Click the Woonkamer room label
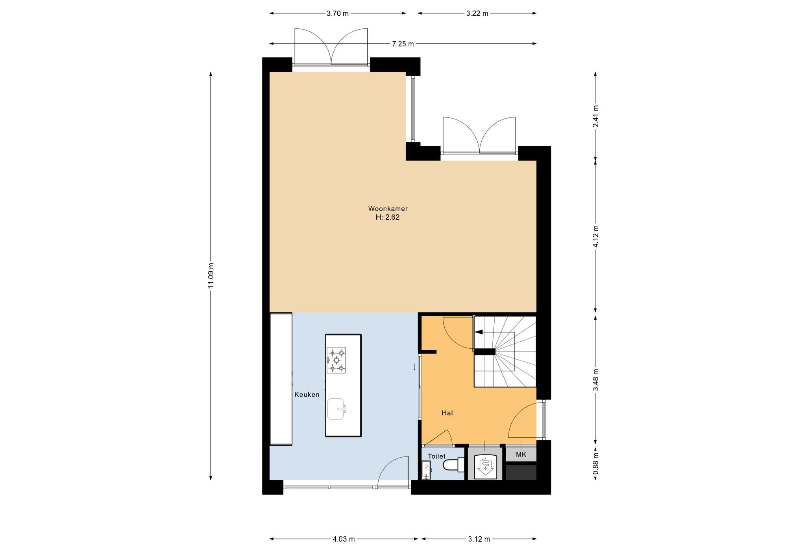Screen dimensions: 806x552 click(388, 209)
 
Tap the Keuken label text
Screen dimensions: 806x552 click(307, 395)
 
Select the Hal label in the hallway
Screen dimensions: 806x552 click(447, 413)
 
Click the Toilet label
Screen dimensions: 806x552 click(437, 456)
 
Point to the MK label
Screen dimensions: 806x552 click(521, 454)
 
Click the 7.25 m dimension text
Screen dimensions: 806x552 click(403, 44)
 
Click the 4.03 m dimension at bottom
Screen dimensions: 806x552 click(344, 539)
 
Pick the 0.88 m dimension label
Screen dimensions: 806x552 click(596, 464)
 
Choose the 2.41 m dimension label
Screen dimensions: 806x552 click(596, 116)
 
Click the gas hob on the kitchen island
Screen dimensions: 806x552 click(336, 360)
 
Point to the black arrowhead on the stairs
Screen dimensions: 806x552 click(479, 332)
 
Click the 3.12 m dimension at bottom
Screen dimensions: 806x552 click(479, 539)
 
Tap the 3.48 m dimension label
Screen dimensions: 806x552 click(596, 380)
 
